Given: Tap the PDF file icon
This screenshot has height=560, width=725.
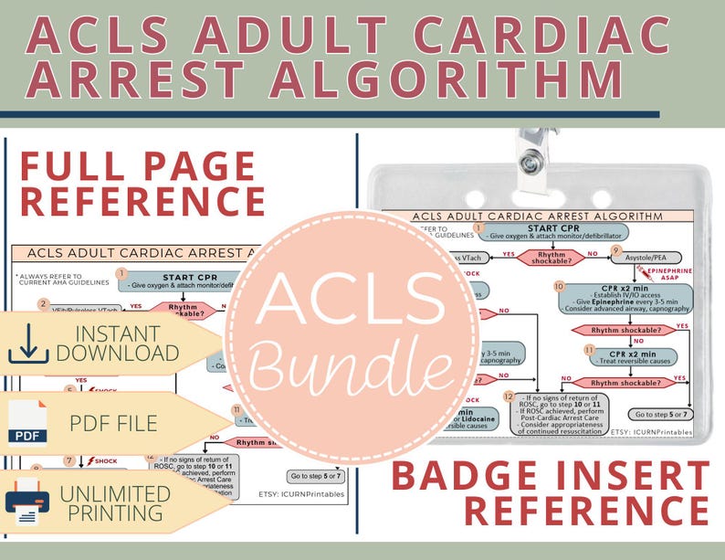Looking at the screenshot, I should [x=27, y=422].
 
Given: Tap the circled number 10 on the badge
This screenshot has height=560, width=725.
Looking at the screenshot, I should [x=559, y=286].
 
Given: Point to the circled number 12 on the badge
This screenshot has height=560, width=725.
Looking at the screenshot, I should [x=509, y=396].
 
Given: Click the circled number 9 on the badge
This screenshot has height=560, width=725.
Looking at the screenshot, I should [x=616, y=249].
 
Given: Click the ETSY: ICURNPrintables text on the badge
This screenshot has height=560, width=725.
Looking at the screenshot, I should [x=652, y=430].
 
